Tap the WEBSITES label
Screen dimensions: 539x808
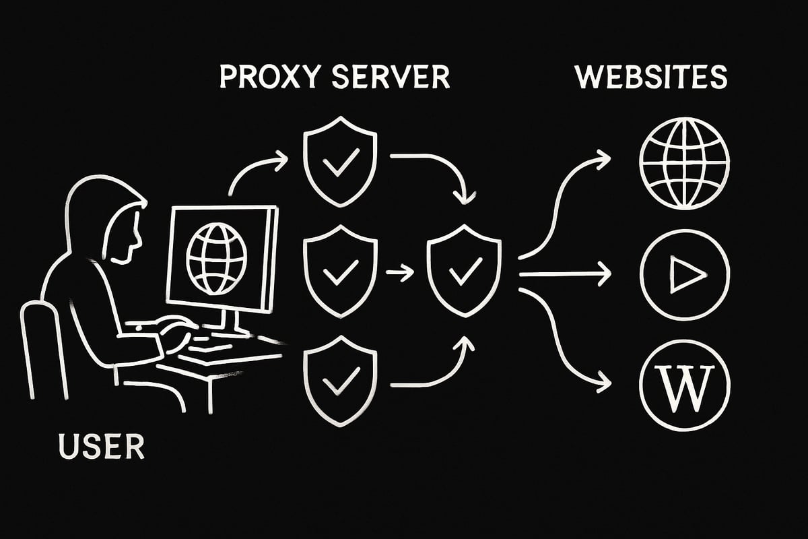[651, 77]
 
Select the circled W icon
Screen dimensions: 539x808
[684, 385]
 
